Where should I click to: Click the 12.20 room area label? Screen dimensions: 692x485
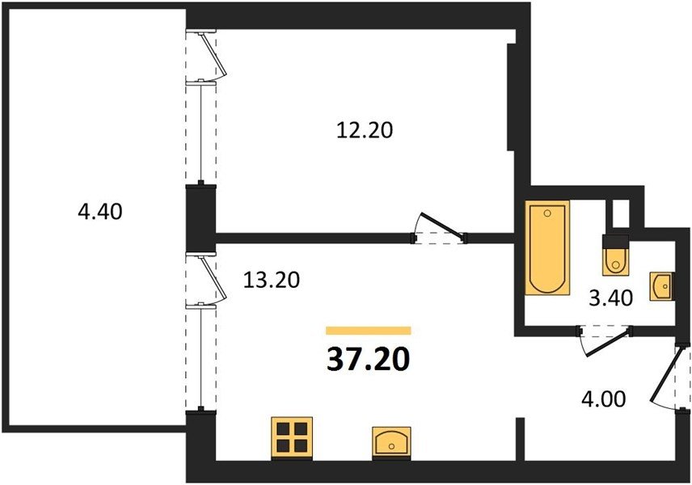[365, 131]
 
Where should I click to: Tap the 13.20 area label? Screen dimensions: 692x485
[272, 280]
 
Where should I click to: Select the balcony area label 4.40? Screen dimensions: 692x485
[100, 212]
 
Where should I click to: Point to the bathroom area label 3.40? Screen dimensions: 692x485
[611, 299]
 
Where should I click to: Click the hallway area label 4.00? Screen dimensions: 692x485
[604, 399]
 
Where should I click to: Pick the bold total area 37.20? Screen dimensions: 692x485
[369, 360]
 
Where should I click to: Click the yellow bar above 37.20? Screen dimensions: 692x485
[369, 331]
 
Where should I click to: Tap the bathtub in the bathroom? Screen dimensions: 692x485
[547, 247]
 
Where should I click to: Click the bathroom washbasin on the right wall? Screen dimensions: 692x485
[661, 286]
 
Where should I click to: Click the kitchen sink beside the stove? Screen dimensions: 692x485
[391, 441]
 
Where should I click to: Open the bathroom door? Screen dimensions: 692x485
[605, 339]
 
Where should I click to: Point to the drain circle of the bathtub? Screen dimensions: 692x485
[547, 213]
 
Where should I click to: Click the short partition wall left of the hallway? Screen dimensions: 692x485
[520, 439]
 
